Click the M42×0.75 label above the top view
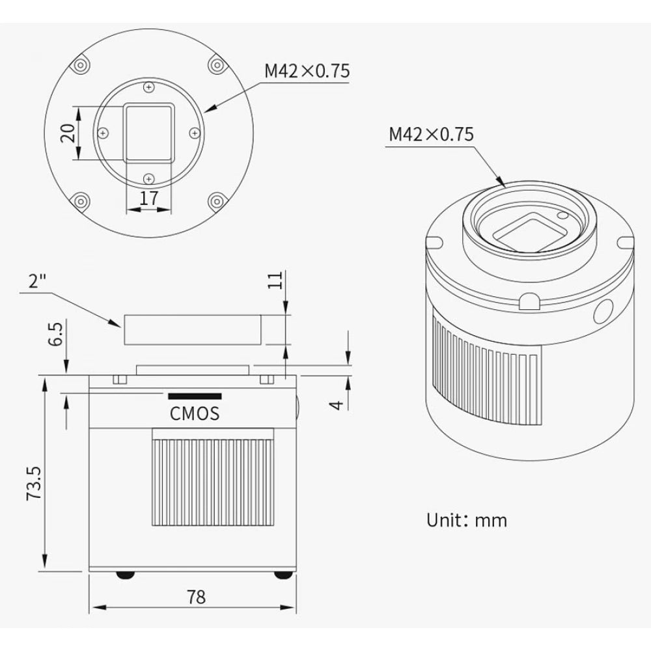pos(307,71)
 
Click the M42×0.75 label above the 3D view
pos(431,134)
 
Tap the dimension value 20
pos(65,134)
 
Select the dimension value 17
pos(149,198)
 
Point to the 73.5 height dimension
pos(34,482)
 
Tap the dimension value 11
pos(276,281)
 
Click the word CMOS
pos(195,413)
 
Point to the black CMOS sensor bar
pos(195,396)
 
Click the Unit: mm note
pos(466,520)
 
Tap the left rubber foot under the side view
pos(125,575)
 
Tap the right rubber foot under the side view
pos(281,575)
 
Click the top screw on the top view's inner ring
pos(149,87)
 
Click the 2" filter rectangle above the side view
pos(193,329)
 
